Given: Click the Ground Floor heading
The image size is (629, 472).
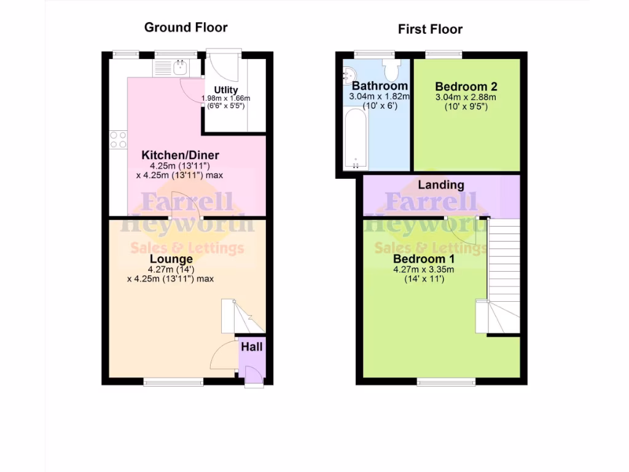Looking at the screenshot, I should point(186,28).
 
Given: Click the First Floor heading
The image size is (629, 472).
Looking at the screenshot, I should point(430,29).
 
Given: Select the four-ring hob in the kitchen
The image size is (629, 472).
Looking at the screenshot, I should point(118,140).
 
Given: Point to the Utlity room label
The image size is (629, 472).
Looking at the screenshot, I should point(225,90).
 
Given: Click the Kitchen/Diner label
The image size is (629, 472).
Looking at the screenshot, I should point(180,155).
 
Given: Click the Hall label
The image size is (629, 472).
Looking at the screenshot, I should point(251,347).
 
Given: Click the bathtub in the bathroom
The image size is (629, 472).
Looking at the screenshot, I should point(356,140).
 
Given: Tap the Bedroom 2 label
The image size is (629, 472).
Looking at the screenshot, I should point(466,87).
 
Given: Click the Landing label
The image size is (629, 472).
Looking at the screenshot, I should point(441,184).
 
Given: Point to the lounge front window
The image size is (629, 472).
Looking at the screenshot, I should point(173,382).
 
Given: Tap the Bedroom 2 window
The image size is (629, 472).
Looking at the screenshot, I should point(444,54).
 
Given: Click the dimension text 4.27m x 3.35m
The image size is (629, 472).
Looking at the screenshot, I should point(423,269).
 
